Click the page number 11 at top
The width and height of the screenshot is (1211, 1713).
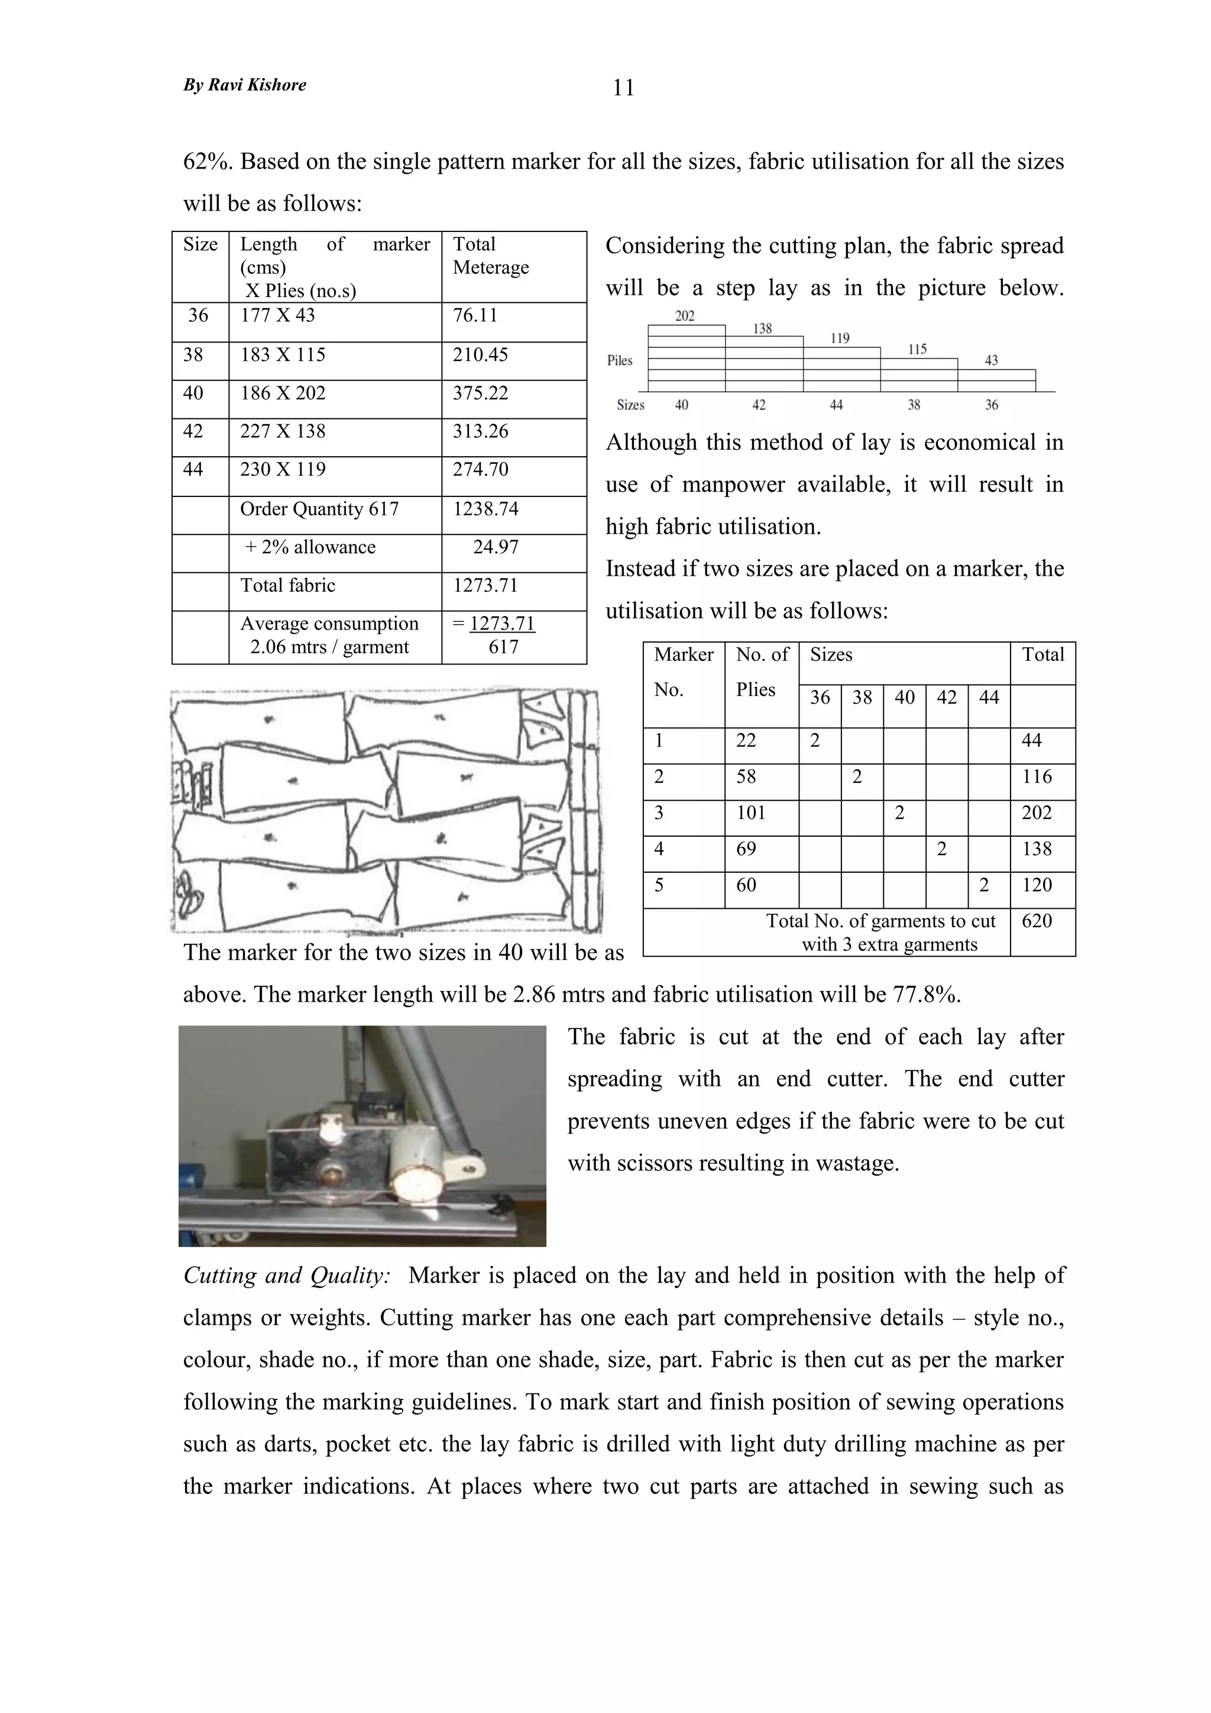tap(623, 88)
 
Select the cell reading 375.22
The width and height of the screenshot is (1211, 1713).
tap(480, 393)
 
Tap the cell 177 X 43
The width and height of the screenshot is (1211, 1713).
tap(277, 315)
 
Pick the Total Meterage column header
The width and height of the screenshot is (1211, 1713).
tap(491, 256)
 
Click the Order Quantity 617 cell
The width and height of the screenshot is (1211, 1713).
tap(319, 509)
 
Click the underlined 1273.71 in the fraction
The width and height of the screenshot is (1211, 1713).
tap(502, 624)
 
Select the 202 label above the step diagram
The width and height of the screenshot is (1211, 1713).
tap(685, 317)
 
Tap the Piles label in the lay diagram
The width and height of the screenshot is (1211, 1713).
tap(620, 361)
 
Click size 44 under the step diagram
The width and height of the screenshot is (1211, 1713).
tap(836, 405)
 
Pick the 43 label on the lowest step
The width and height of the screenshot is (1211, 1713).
tap(991, 361)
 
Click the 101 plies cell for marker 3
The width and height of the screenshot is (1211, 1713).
tap(751, 813)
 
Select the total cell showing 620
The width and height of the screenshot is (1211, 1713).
tap(1037, 921)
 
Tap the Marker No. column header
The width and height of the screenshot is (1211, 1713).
tap(683, 672)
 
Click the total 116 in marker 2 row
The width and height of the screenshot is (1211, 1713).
tap(1037, 778)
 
